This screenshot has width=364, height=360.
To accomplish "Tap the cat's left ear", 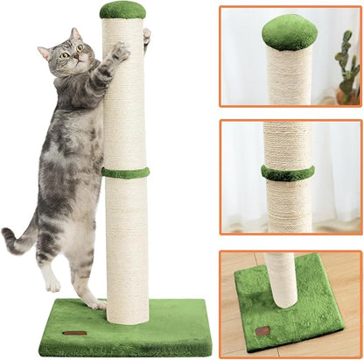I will point(45,52).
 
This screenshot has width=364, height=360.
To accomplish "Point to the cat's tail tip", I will point(7,234).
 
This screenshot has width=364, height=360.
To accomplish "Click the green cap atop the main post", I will point(122,10).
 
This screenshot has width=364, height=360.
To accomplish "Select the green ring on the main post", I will point(124,173).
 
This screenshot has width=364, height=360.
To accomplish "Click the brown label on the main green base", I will point(75,333).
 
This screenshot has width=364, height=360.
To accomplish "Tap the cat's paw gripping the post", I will point(120,53).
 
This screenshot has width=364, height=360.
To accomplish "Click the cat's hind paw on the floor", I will point(94,303).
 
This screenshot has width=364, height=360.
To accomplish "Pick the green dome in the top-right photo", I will point(289,32).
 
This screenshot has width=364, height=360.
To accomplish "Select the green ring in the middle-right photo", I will point(288,173).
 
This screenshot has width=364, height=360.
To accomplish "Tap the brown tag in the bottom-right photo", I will point(262,330).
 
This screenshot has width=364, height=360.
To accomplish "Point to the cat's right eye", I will point(65,54).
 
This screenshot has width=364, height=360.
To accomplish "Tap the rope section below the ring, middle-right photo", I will point(288,203).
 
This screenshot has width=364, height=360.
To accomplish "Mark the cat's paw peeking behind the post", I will point(146,36).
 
